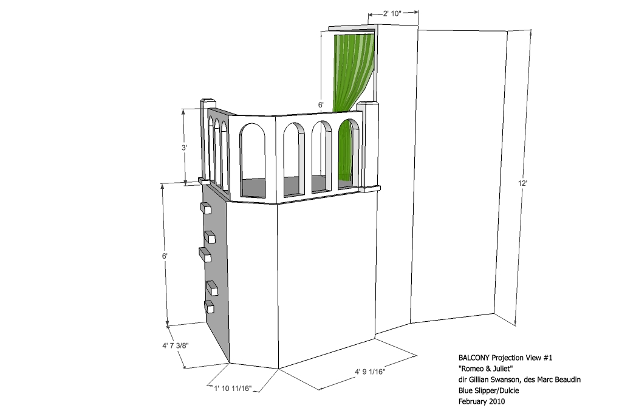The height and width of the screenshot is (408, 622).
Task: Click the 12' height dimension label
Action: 522,183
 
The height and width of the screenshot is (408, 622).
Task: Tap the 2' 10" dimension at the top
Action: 392,13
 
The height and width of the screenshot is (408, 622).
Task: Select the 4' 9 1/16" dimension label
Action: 370,372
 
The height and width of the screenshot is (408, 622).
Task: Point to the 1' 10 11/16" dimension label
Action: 233,388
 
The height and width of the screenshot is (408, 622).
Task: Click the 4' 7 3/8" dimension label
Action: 175,345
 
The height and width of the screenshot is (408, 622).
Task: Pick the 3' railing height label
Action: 184,148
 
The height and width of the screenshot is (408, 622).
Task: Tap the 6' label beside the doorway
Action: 321,104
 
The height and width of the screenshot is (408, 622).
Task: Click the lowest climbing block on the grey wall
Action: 209,307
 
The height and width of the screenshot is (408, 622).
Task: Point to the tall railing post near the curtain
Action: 368,145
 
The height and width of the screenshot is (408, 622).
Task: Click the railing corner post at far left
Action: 207,141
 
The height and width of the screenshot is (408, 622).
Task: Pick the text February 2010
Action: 482,401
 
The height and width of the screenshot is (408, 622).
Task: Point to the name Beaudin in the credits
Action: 568,379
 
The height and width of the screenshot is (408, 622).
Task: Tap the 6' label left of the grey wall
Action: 165,256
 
